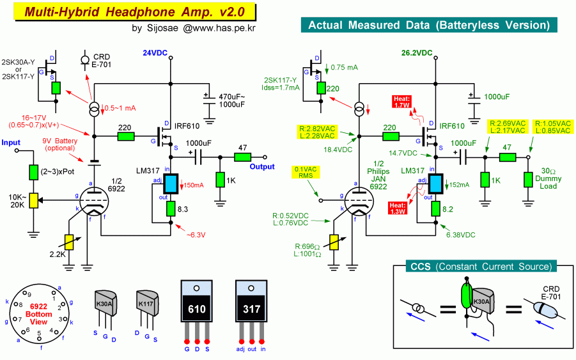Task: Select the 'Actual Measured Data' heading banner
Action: [429, 26]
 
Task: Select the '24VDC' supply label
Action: [155, 52]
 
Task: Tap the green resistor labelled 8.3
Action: [171, 208]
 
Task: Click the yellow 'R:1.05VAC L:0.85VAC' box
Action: [552, 126]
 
